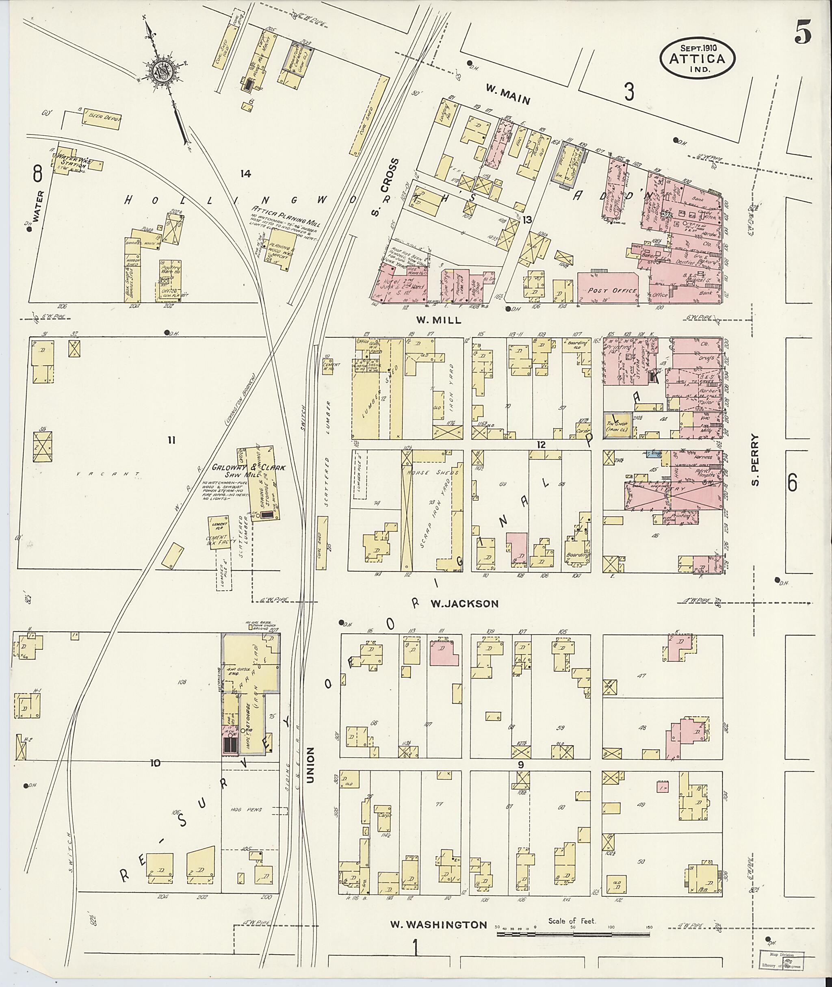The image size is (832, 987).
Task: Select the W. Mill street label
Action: click(438, 320)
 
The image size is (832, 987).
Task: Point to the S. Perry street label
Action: click(755, 460)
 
